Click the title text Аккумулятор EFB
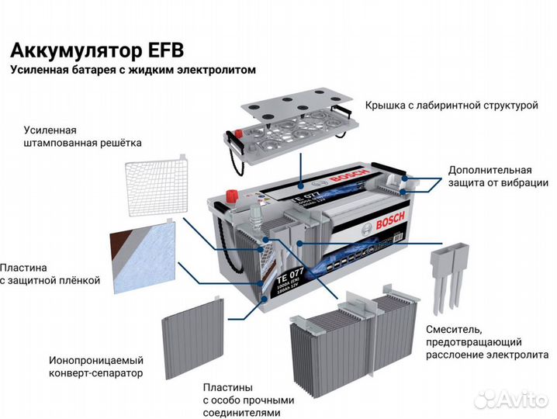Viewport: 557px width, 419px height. pos(97,50)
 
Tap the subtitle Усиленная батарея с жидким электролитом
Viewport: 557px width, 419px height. pos(132,71)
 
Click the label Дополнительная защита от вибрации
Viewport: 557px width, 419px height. pos(490,176)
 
